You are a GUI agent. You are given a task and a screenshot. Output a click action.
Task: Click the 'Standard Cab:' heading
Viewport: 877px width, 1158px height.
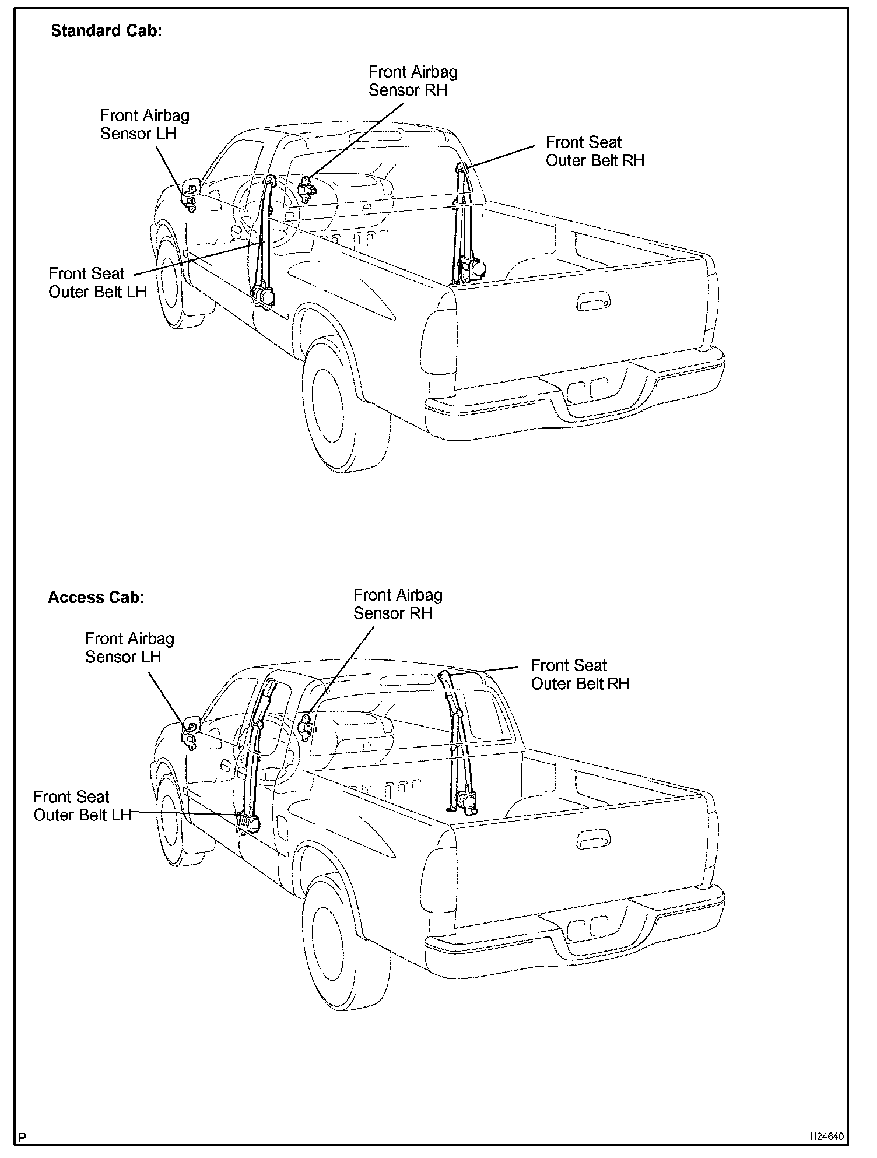coord(106,31)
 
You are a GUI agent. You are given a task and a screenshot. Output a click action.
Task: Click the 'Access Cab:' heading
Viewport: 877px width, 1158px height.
coord(96,598)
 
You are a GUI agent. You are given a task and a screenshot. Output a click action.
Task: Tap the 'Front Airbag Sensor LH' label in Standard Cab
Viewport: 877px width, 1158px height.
coord(145,124)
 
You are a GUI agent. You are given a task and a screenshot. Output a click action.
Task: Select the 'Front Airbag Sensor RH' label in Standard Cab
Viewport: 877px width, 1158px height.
coord(413,81)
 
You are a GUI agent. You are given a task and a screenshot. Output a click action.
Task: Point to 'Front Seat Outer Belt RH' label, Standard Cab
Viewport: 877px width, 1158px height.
coord(595,152)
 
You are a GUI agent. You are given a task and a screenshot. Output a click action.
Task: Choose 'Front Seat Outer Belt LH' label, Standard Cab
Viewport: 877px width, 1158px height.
coord(97,283)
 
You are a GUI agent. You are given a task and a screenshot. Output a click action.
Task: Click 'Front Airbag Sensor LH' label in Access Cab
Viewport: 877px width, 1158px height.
coord(129,648)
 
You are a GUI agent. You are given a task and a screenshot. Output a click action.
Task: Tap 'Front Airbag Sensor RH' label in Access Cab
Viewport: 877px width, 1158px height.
coord(398,604)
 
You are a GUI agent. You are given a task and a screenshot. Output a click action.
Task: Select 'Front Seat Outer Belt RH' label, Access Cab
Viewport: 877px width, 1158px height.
coord(580,675)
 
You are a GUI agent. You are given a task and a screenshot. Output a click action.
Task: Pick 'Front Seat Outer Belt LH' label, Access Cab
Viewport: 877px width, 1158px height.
coord(82,806)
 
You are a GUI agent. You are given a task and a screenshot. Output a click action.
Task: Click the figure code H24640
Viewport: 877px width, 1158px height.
coord(826,1136)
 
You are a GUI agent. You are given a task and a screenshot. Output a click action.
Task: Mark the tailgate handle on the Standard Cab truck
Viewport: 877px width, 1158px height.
coord(592,303)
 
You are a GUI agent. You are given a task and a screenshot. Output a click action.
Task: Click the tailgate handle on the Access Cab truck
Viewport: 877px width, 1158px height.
coord(592,840)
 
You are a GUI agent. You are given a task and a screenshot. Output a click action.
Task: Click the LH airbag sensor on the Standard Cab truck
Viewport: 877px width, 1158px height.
coord(190,195)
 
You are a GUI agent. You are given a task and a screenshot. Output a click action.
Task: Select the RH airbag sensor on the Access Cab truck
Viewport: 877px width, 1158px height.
coord(306,726)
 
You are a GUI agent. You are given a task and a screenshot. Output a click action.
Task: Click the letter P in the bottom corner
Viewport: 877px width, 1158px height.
coord(22,1138)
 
